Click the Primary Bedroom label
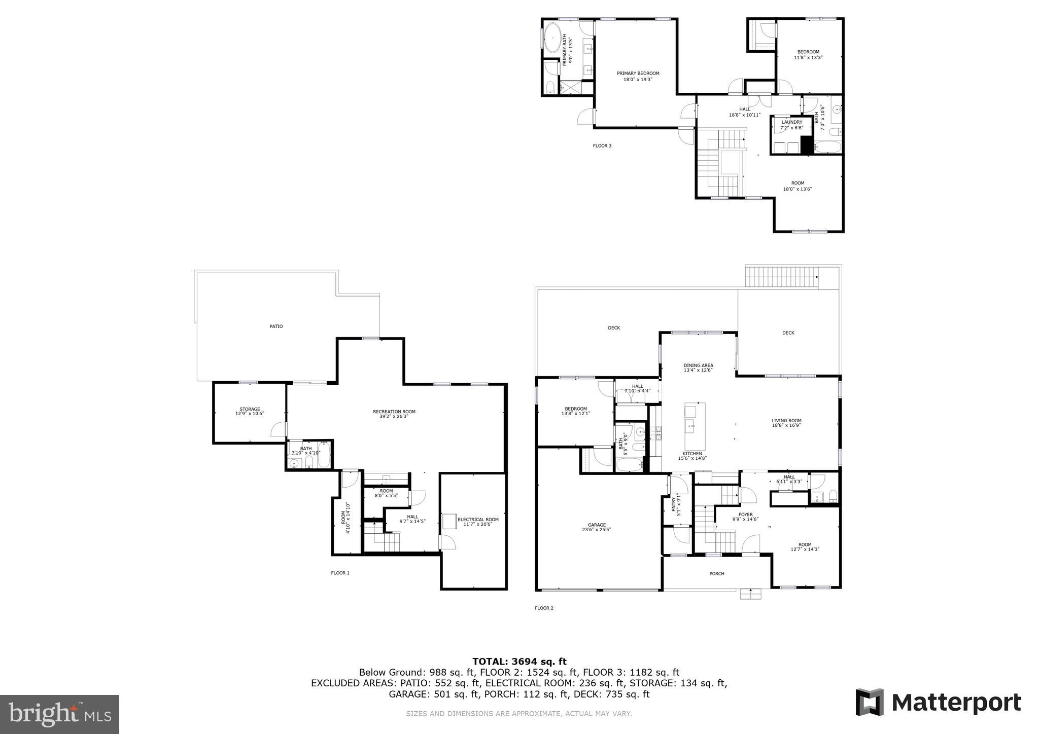[638, 76]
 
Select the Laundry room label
[791, 125]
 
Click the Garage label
[597, 527]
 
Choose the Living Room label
[786, 423]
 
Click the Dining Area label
[698, 368]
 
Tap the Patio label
[276, 326]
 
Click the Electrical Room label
[478, 522]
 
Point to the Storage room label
[250, 411]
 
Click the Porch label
[716, 574]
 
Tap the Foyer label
[745, 517]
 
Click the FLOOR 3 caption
[602, 146]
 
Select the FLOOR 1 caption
[340, 573]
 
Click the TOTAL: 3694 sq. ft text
[519, 661]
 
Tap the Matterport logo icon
[870, 702]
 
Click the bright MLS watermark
[59, 714]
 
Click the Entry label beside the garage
[676, 506]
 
